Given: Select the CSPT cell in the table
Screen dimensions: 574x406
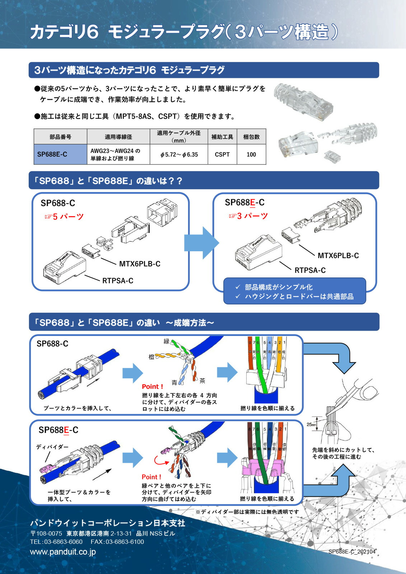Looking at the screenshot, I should point(222,154).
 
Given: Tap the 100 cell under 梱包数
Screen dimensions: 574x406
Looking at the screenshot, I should point(251,154).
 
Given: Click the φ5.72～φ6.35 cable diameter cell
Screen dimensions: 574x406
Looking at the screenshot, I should point(179,155).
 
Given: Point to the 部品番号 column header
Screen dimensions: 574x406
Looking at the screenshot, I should point(60,137).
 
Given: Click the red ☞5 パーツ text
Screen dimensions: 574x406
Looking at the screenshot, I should point(64,217).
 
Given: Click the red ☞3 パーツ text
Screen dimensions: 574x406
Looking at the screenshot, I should point(248,216).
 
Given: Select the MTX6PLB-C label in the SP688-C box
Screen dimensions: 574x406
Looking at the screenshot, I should point(140,264).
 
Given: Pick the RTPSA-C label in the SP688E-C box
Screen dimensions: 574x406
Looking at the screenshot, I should point(310,270).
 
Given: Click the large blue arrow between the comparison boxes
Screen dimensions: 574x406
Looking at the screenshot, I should point(201,243).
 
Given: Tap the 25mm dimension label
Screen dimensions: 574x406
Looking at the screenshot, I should point(311,424).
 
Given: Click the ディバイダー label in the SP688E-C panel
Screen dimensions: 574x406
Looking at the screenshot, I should point(52,447).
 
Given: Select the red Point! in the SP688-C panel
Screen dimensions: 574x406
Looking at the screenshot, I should point(153,387).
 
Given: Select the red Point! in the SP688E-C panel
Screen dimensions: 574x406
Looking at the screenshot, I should point(151,477).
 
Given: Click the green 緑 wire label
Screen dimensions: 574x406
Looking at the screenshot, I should point(166,341).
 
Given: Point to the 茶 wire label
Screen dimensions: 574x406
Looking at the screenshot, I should point(202,381).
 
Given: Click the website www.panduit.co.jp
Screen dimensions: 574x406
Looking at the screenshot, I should point(63,552).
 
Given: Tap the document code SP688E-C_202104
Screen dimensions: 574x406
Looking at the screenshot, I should point(352,551).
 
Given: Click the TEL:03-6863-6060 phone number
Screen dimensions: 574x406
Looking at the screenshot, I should point(56,542).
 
